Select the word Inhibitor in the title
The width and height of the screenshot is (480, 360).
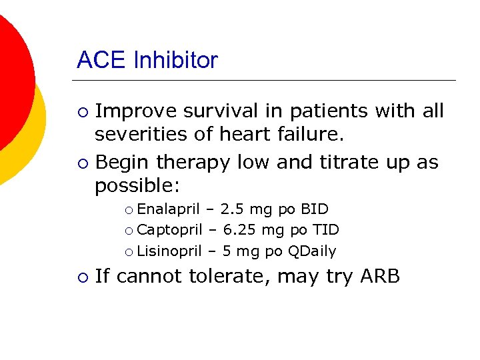175,61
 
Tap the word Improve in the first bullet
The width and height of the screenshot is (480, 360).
135,111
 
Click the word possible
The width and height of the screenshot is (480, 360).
137,185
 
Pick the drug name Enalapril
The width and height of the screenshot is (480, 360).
168,209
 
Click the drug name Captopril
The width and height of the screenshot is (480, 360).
169,230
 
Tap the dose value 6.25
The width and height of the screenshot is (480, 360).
237,230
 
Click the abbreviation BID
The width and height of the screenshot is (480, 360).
315,209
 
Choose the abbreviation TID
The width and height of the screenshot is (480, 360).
325,230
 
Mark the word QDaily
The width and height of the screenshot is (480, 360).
312,251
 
